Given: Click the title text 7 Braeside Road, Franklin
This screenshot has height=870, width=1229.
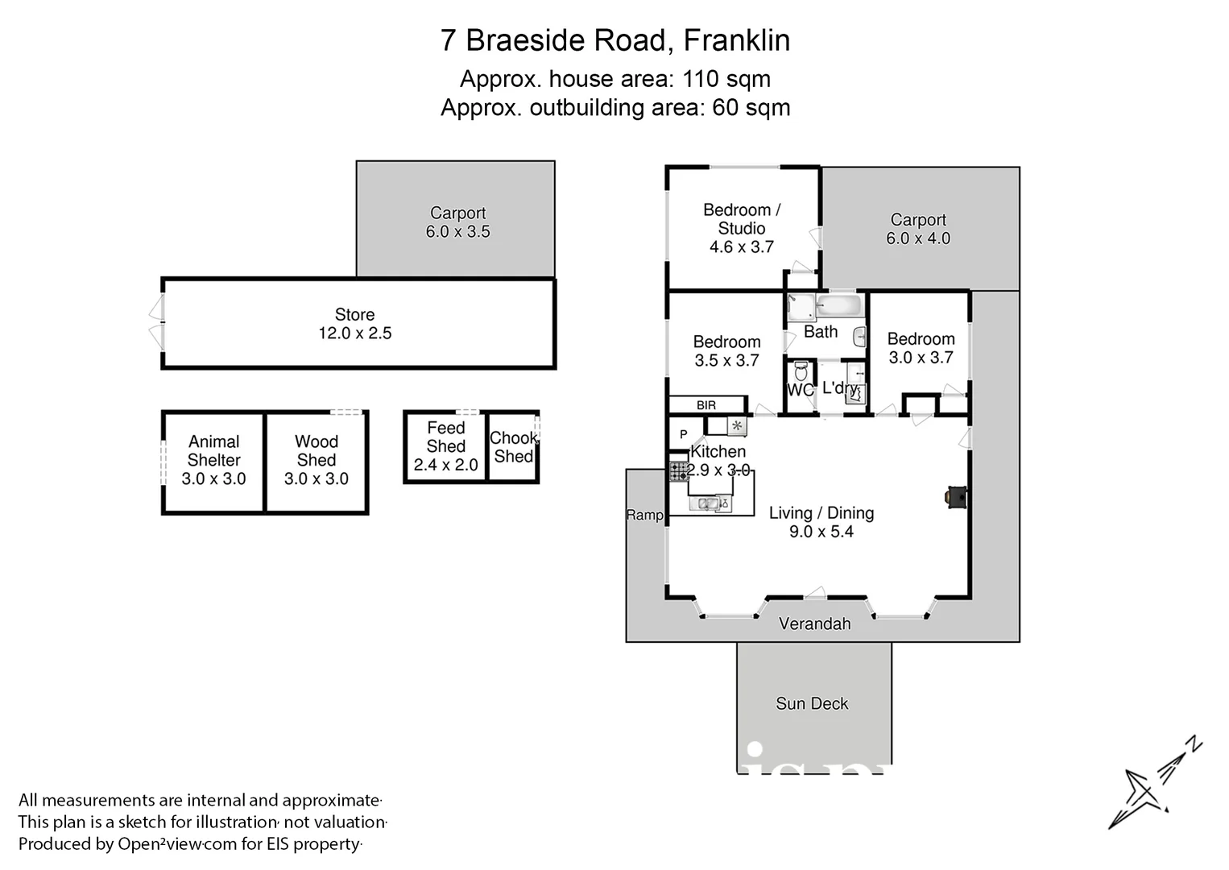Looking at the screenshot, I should (x=614, y=40).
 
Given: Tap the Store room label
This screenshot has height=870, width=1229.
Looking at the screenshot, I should (x=354, y=315).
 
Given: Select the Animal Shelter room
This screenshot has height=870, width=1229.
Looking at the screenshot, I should (x=213, y=460).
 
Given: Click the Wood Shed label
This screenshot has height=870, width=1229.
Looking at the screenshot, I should (x=316, y=451).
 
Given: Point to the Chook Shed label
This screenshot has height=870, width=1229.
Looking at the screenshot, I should (x=513, y=447).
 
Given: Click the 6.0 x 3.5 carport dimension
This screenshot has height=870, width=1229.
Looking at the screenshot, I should (x=457, y=232).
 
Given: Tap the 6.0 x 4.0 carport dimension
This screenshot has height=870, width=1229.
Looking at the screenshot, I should (x=918, y=238).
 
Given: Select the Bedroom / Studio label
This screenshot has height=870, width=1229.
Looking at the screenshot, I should (x=741, y=219).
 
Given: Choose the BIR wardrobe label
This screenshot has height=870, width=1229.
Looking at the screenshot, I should (x=706, y=405).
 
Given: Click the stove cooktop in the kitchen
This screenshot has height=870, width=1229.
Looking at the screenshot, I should (x=678, y=470).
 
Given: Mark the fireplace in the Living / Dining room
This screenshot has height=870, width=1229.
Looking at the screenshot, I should (x=955, y=498).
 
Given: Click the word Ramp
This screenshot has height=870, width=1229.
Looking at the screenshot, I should (x=644, y=515).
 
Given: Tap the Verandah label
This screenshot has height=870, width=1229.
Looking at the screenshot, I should (x=814, y=623).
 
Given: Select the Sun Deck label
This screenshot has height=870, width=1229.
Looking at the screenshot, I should (x=812, y=703).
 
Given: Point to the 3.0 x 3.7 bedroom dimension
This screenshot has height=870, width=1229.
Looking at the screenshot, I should (x=921, y=358).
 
